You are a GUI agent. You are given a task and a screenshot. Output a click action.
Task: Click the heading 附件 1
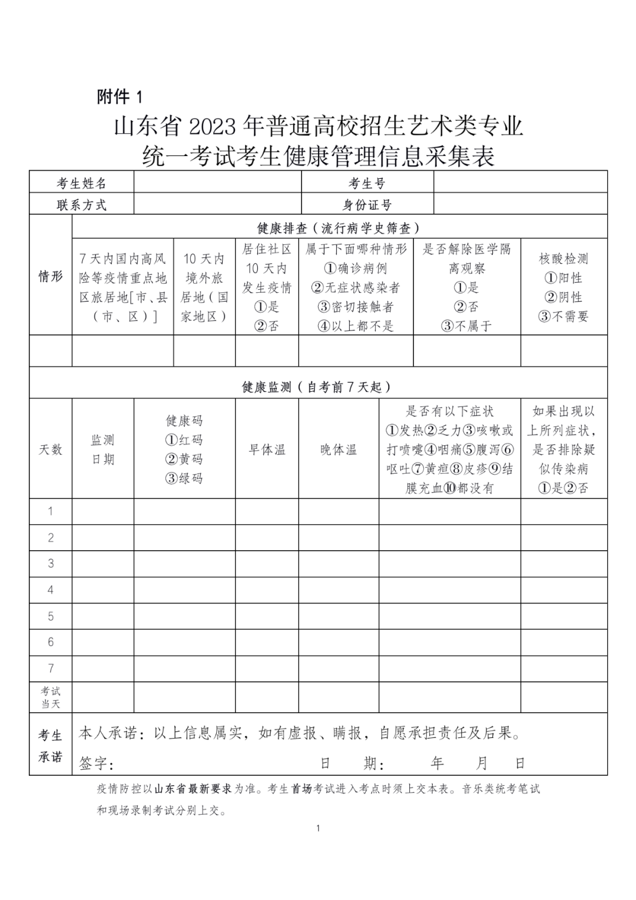click(120, 96)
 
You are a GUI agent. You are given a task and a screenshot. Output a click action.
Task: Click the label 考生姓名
click(81, 183)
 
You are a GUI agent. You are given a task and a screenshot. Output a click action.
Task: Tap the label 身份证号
click(367, 204)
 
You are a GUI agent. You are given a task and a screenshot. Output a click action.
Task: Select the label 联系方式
click(81, 204)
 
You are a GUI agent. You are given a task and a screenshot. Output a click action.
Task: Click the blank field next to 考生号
click(520, 183)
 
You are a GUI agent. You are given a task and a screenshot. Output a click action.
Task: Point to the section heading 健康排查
click(339, 227)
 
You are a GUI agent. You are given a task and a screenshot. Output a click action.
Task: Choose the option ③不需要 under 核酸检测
click(564, 316)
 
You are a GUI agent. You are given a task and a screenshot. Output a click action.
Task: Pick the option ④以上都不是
click(356, 326)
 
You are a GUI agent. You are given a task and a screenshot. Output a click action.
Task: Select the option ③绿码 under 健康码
click(184, 478)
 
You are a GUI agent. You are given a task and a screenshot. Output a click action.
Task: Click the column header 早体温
click(267, 449)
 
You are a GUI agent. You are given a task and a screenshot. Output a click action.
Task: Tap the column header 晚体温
click(339, 449)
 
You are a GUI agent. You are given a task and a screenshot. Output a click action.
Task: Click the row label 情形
click(51, 276)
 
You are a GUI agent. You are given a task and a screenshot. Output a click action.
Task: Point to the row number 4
click(51, 590)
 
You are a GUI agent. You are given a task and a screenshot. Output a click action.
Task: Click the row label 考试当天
click(51, 697)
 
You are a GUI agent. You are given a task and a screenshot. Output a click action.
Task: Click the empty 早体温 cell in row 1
click(267, 511)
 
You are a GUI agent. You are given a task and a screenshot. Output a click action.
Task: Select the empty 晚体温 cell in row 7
click(339, 669)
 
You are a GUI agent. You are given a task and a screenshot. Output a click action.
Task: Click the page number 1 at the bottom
click(318, 828)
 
